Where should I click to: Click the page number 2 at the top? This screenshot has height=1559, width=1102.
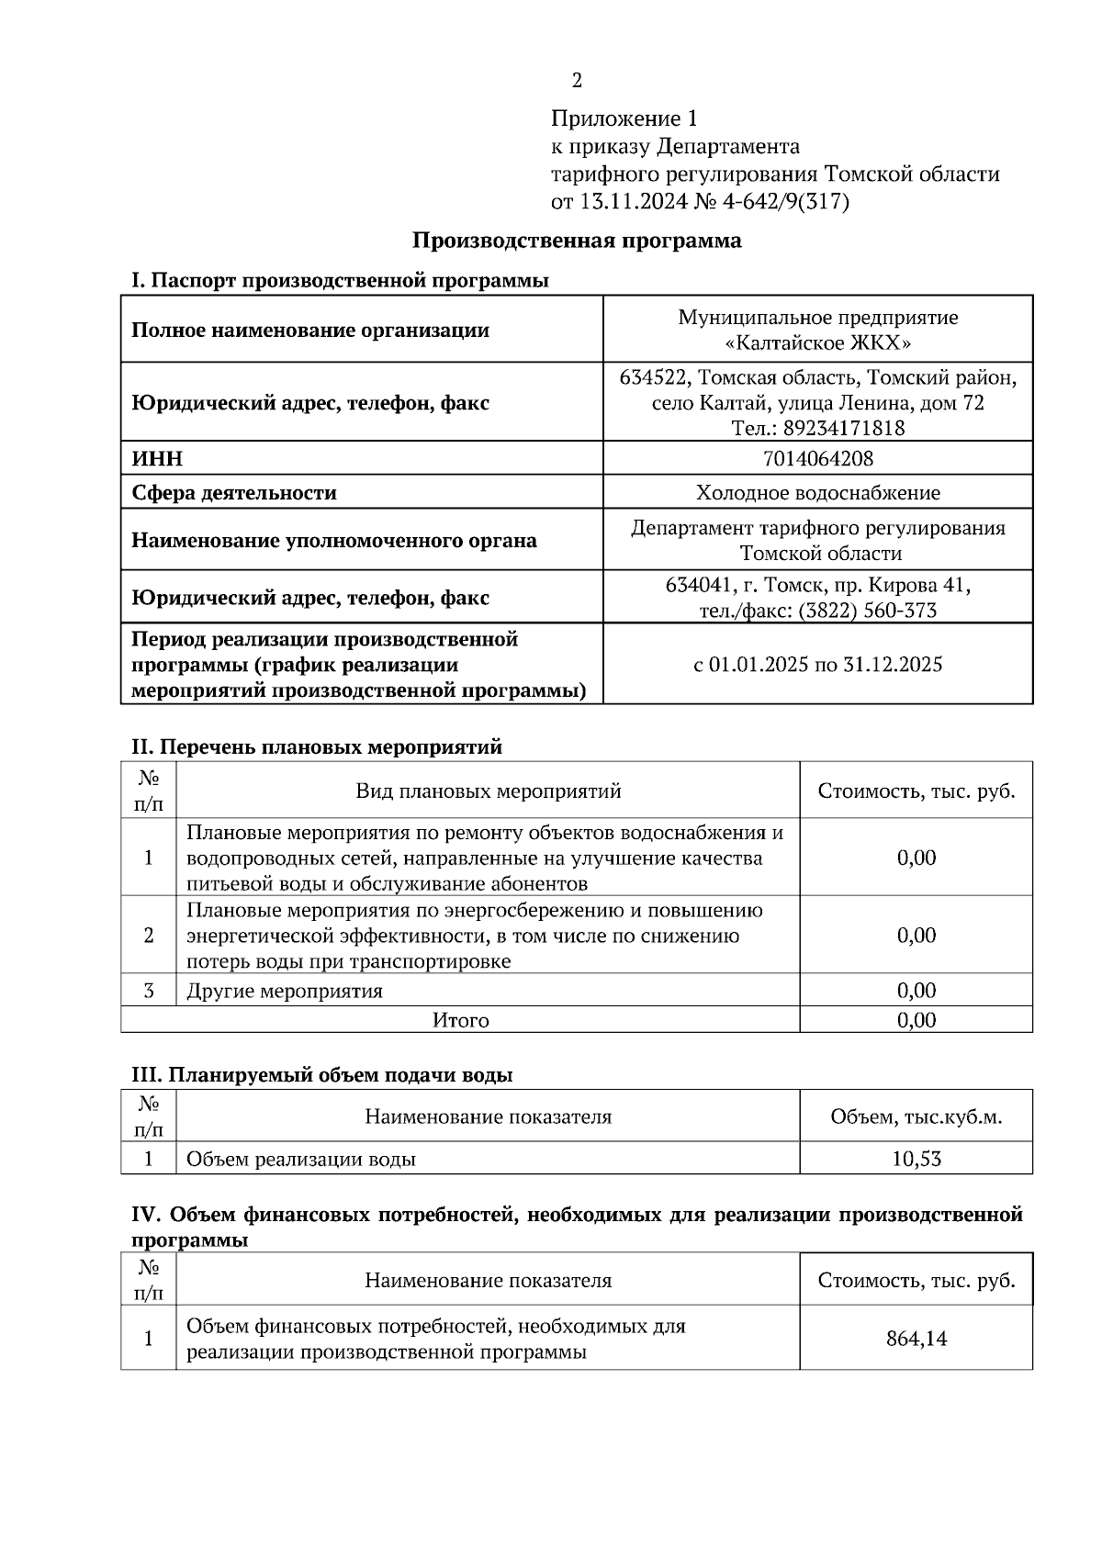[577, 82]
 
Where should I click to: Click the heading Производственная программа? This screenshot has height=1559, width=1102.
[576, 241]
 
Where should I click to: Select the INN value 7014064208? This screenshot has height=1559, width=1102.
[817, 458]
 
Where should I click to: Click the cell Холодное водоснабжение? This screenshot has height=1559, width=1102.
[817, 493]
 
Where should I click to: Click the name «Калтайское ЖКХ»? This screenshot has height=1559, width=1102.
[817, 343]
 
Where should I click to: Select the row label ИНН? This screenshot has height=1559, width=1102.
[157, 459]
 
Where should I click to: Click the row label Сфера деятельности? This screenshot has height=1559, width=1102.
[234, 493]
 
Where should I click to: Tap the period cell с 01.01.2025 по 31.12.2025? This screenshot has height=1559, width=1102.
[817, 665]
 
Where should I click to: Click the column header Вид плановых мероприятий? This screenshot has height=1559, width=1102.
[488, 791]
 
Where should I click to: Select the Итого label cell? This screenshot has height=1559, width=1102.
[460, 1020]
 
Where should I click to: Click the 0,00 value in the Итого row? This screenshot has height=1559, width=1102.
[916, 1020]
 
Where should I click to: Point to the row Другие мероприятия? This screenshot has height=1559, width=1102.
[285, 991]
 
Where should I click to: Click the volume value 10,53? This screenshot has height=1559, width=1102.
[916, 1159]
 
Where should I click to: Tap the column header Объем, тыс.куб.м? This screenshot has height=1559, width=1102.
[916, 1117]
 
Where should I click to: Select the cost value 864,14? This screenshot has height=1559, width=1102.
[916, 1339]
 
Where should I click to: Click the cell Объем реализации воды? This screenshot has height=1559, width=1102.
[301, 1159]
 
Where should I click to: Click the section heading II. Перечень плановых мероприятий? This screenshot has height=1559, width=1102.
[317, 746]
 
